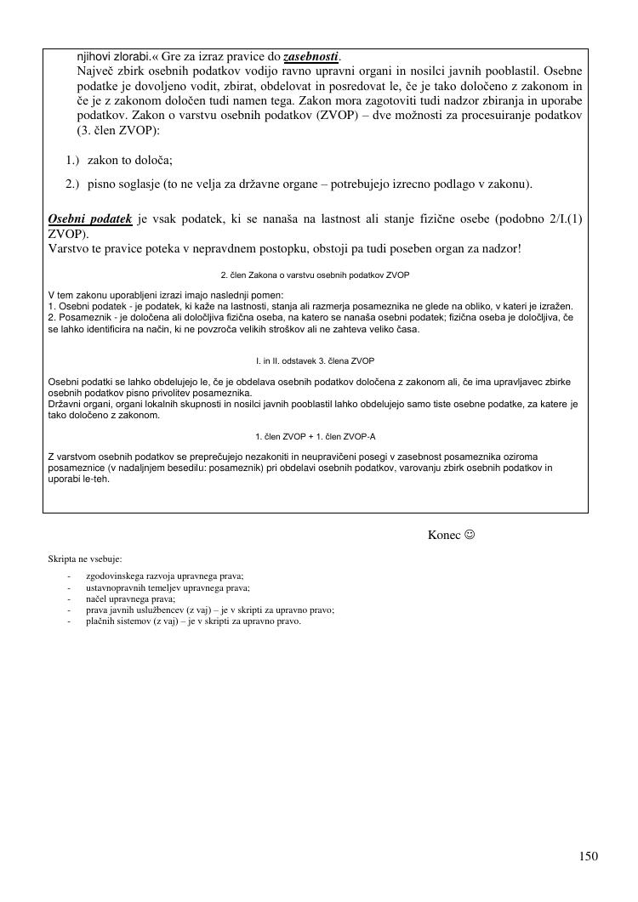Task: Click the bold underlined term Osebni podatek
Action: click(90, 218)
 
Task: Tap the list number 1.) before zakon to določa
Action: click(72, 160)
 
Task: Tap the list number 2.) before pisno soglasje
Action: click(72, 184)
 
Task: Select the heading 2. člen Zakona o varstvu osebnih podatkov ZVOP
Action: click(315, 275)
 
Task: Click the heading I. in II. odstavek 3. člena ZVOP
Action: click(315, 360)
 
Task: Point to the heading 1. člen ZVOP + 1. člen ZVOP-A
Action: click(315, 437)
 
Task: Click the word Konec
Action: click(444, 535)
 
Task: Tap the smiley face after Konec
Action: click(469, 535)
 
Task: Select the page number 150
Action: click(589, 856)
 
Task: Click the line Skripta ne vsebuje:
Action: click(85, 559)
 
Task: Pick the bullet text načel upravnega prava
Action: click(124, 598)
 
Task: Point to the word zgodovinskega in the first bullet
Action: click(112, 576)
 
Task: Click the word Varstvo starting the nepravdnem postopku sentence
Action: click(69, 249)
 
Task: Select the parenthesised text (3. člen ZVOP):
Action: click(118, 131)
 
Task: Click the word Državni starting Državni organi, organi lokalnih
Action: click(66, 405)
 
